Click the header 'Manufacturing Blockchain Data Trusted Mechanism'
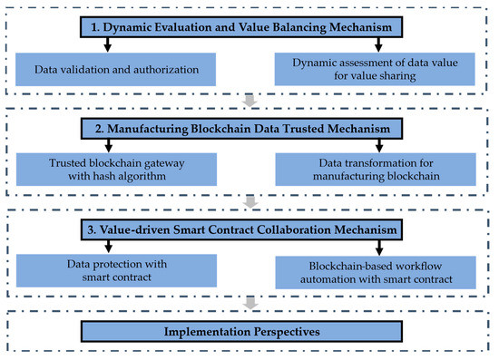249,129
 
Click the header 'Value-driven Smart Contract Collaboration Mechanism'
249,230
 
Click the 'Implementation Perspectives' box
249,332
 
